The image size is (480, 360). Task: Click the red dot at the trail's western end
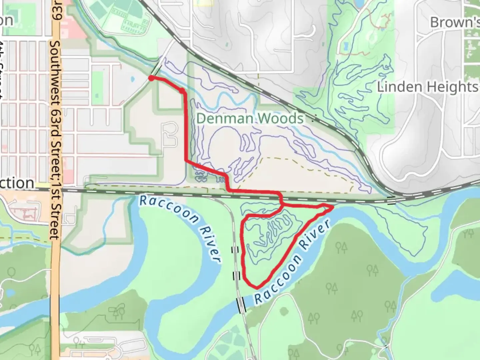tap(151, 78)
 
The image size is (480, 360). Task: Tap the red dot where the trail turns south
tap(182, 90)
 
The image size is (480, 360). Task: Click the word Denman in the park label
tap(221, 118)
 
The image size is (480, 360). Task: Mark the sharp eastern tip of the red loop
tap(332, 208)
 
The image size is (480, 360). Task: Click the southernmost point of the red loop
tap(257, 287)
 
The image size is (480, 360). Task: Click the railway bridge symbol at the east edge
tap(391, 200)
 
